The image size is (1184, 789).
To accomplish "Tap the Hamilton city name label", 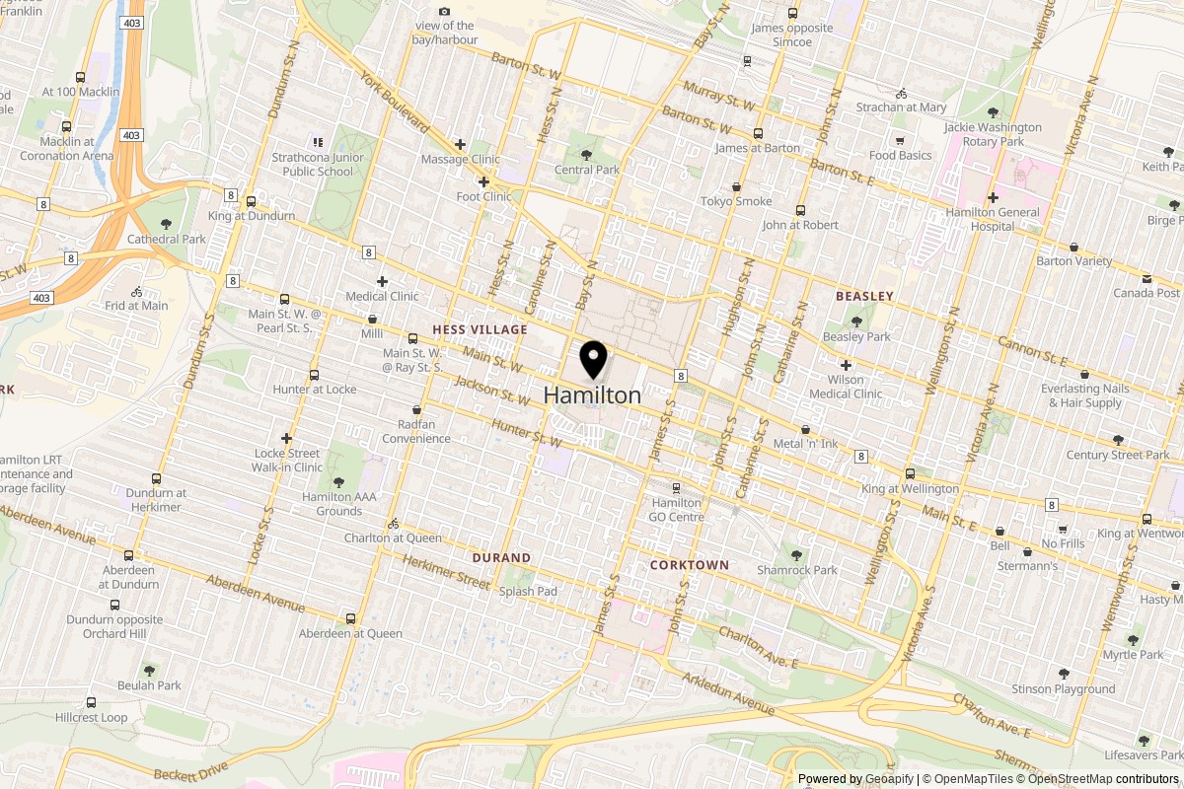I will pos(592,395).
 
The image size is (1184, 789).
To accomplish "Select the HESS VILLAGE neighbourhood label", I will pos(480,329).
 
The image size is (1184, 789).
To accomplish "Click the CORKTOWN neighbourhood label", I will pos(690,565).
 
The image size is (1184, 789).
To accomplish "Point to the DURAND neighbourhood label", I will pos(501,557).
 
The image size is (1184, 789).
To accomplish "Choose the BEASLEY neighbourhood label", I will pos(864,296).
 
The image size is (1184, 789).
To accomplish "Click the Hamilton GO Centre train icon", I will pos(676,488).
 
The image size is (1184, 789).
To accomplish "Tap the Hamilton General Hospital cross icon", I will pos(993,197).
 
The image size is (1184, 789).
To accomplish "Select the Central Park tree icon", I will pos(586,155).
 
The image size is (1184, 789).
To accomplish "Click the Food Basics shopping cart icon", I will pos(900,140).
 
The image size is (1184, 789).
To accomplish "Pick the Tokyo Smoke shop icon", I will pos(736,186).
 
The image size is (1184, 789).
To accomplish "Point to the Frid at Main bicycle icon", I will pos(137,291).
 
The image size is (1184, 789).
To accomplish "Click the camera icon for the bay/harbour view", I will pos(445,11).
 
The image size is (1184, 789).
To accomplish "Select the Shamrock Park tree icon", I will pos(796,555).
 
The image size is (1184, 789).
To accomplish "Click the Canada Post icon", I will pos(1147,278).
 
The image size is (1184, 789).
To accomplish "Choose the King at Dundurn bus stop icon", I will pos(251,200).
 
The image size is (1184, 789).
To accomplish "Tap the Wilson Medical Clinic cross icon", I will pos(846,365).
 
